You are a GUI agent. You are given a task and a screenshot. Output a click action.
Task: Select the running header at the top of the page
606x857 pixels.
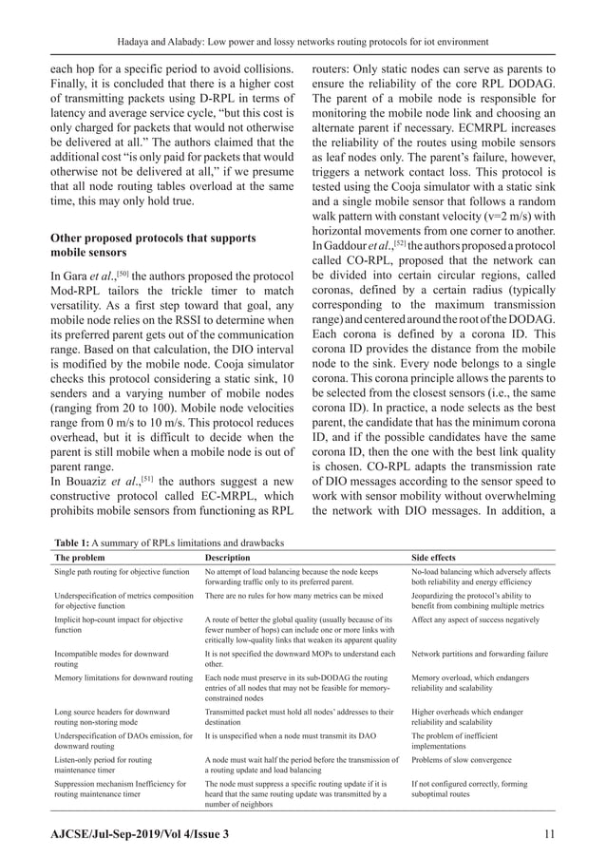[x=302, y=42]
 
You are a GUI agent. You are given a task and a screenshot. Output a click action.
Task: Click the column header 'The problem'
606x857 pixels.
[x=81, y=557]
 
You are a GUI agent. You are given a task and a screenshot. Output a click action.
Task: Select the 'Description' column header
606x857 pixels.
[x=227, y=557]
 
